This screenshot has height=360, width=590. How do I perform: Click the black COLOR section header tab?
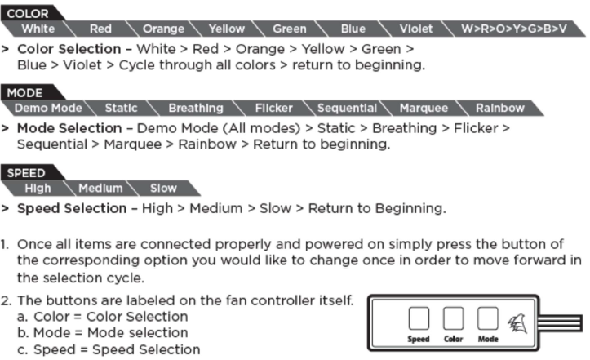31,13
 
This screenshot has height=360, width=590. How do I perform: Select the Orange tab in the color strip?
163,29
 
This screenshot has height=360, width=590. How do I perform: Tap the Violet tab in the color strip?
416,29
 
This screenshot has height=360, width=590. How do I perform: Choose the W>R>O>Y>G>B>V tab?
513,29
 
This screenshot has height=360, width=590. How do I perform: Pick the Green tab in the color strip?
290,29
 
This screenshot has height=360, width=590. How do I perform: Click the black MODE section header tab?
30,92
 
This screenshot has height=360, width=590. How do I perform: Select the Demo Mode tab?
48,108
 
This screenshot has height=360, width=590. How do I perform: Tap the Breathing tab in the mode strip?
196,108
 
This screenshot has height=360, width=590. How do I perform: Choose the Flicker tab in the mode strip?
274,108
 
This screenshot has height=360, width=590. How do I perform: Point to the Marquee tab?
424,108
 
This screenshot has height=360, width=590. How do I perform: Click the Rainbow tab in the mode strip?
499,108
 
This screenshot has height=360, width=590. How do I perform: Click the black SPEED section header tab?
31,172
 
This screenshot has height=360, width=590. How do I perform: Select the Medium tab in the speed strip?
100,189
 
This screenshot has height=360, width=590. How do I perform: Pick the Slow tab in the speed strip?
163,189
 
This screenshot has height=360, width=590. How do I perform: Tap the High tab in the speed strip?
38,189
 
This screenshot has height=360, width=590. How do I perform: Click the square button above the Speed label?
419,318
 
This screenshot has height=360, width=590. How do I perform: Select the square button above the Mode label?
488,318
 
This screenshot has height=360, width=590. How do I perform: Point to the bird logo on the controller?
517,324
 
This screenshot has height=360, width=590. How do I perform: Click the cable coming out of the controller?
561,323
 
